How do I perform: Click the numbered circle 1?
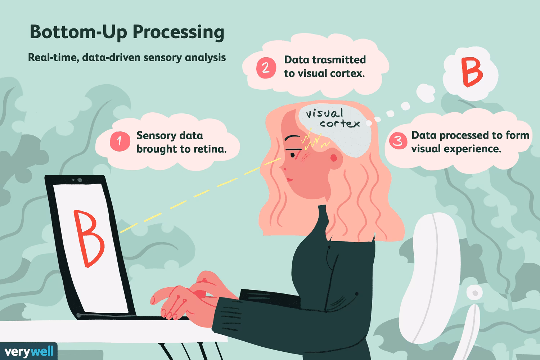click(x=120, y=141)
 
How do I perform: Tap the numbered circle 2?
click(x=266, y=68)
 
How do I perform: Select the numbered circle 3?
click(x=398, y=140)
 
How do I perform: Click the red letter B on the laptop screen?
click(x=89, y=238)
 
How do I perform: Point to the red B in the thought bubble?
click(x=472, y=72)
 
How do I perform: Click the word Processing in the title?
click(x=179, y=32)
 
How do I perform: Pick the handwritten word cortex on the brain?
click(x=340, y=124)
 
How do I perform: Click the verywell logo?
click(x=29, y=351)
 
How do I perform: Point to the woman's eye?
click(x=293, y=154)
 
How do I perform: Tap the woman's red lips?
click(x=289, y=180)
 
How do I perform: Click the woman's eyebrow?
click(x=293, y=138)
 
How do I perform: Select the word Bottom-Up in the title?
click(x=78, y=32)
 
